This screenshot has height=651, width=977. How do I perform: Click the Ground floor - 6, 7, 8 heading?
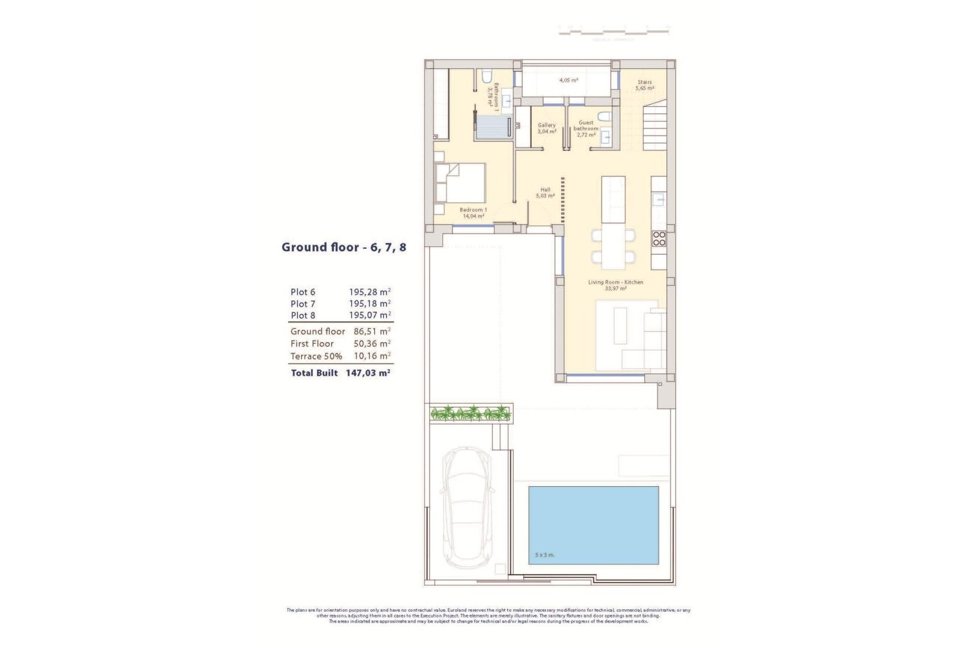coord(344,247)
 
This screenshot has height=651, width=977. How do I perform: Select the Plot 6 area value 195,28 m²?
coord(369,292)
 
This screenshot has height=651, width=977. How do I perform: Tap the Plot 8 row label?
coord(303,315)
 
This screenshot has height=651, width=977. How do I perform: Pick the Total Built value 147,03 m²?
coord(368,373)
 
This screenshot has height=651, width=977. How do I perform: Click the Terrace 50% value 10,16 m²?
coord(372,356)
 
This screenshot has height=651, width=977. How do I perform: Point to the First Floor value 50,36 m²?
coord(372,344)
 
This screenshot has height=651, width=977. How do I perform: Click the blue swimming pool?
coord(593,525)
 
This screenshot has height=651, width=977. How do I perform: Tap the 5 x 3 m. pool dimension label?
coord(544,555)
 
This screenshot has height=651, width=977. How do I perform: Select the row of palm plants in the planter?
coord(470,413)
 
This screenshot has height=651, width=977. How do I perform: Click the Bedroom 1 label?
coord(473,213)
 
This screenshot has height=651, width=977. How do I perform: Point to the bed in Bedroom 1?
coord(461,183)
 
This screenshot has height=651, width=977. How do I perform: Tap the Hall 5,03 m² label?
coord(545,192)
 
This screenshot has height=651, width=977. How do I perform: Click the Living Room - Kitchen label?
coord(616,285)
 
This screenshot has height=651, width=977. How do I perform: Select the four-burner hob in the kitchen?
coord(659,239)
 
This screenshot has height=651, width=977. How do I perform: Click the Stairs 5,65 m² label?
coord(645,85)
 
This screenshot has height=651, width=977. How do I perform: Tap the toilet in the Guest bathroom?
coord(604,117)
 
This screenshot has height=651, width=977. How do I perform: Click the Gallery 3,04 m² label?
coord(547,128)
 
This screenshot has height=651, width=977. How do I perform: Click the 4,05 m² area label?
coord(568,80)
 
